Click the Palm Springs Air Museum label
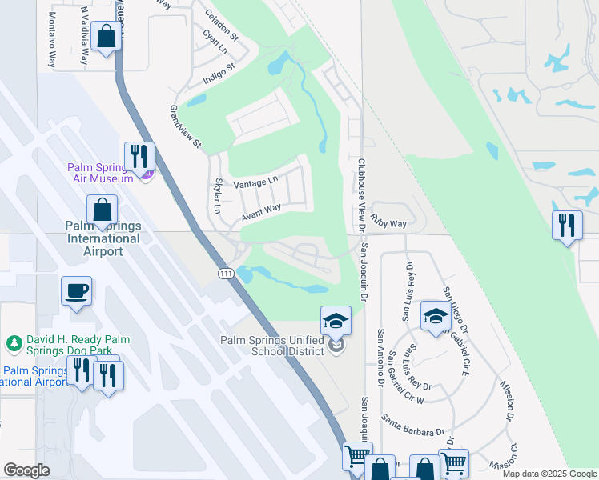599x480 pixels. pyautogui.click(x=100, y=173)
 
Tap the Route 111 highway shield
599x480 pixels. pyautogui.click(x=226, y=274)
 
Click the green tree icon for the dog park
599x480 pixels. pyautogui.click(x=13, y=344)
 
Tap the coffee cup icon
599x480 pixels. pyautogui.click(x=77, y=291)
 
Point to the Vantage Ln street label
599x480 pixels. pyautogui.click(x=255, y=184)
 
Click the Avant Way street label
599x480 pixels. pyautogui.click(x=261, y=212)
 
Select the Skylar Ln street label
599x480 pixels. pyautogui.click(x=216, y=196)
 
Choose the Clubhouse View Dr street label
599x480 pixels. pyautogui.click(x=361, y=192)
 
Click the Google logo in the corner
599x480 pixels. pyautogui.click(x=26, y=470)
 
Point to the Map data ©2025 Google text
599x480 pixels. pyautogui.click(x=549, y=474)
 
